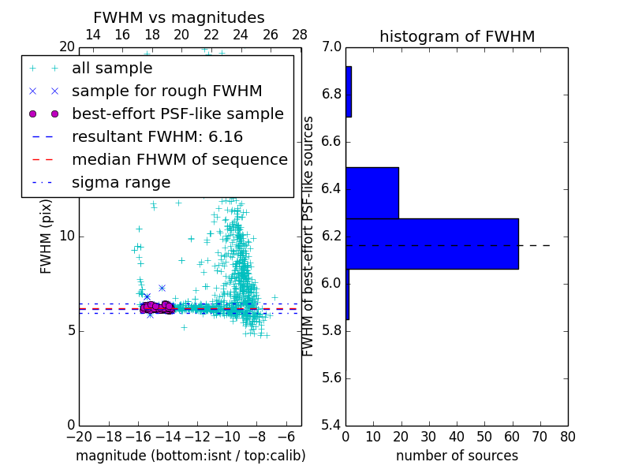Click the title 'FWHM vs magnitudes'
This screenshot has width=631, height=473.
(x=178, y=18)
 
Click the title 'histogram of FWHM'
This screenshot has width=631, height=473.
(x=457, y=36)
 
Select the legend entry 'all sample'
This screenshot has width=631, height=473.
(x=112, y=69)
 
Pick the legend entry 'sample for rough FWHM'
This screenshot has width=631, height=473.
(x=166, y=91)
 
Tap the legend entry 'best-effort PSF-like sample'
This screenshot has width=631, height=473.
(x=177, y=114)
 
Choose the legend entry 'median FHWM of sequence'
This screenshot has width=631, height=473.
(x=179, y=159)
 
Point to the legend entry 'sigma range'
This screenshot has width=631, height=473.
(x=121, y=182)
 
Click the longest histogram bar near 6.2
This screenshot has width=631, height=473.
(x=432, y=244)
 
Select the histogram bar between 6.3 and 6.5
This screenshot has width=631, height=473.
(x=372, y=192)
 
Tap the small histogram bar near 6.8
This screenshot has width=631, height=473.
(x=349, y=91)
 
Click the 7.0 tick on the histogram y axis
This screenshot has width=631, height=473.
(x=332, y=47)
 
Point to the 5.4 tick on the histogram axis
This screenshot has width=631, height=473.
(x=332, y=425)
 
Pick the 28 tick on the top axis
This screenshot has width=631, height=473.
(x=300, y=35)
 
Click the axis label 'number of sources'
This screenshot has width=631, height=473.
(x=457, y=456)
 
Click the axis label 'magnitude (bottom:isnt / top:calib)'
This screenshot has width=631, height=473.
(x=190, y=456)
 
